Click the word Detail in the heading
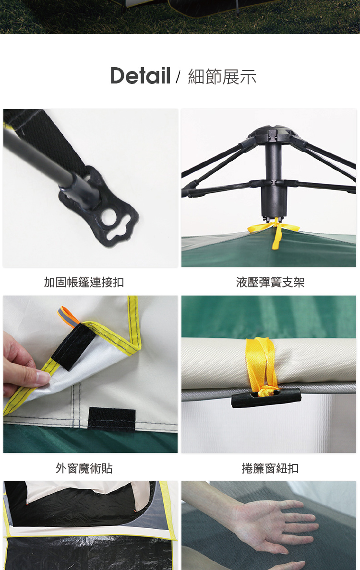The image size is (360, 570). (140, 76)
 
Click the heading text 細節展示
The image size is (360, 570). (222, 77)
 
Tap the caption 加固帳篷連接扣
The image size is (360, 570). (84, 282)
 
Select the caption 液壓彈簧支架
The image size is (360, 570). (270, 282)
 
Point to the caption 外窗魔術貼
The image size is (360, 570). (84, 468)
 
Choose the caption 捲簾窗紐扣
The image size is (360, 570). (270, 468)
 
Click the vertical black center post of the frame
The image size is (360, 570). (274, 178)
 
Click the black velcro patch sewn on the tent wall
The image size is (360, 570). (112, 419)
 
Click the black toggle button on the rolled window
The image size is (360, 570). (266, 398)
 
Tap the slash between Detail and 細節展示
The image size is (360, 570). (178, 77)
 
